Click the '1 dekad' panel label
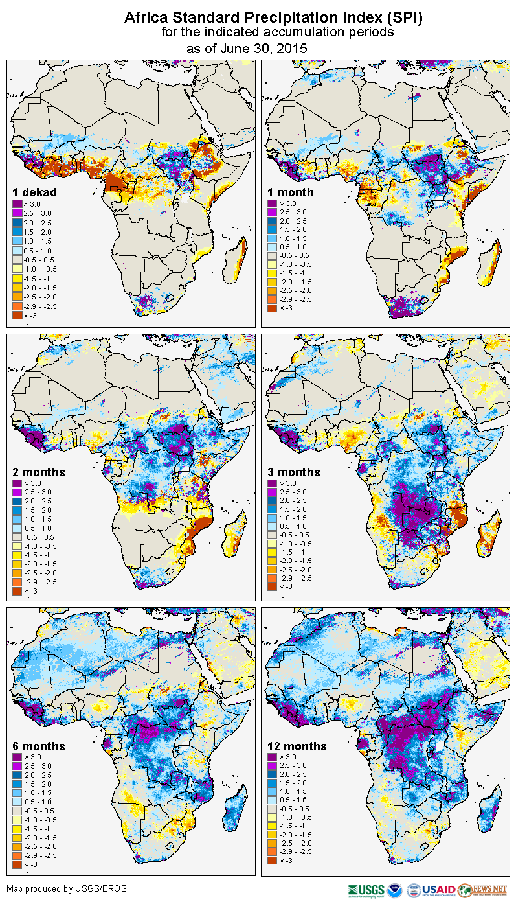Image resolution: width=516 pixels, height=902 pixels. (35, 192)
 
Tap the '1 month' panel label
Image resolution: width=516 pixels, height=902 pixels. (291, 192)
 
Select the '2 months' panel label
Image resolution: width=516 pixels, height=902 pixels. (39, 472)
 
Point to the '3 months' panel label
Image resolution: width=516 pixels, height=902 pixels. (294, 472)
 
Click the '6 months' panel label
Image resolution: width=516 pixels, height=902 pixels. (39, 746)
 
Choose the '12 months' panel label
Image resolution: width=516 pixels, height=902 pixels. (297, 746)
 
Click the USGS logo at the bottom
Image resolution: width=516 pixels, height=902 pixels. (366, 890)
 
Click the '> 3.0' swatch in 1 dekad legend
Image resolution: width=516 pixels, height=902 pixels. (18, 203)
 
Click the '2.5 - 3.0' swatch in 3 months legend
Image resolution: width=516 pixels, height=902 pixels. (272, 492)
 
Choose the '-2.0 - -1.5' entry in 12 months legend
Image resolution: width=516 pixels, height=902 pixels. (295, 835)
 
